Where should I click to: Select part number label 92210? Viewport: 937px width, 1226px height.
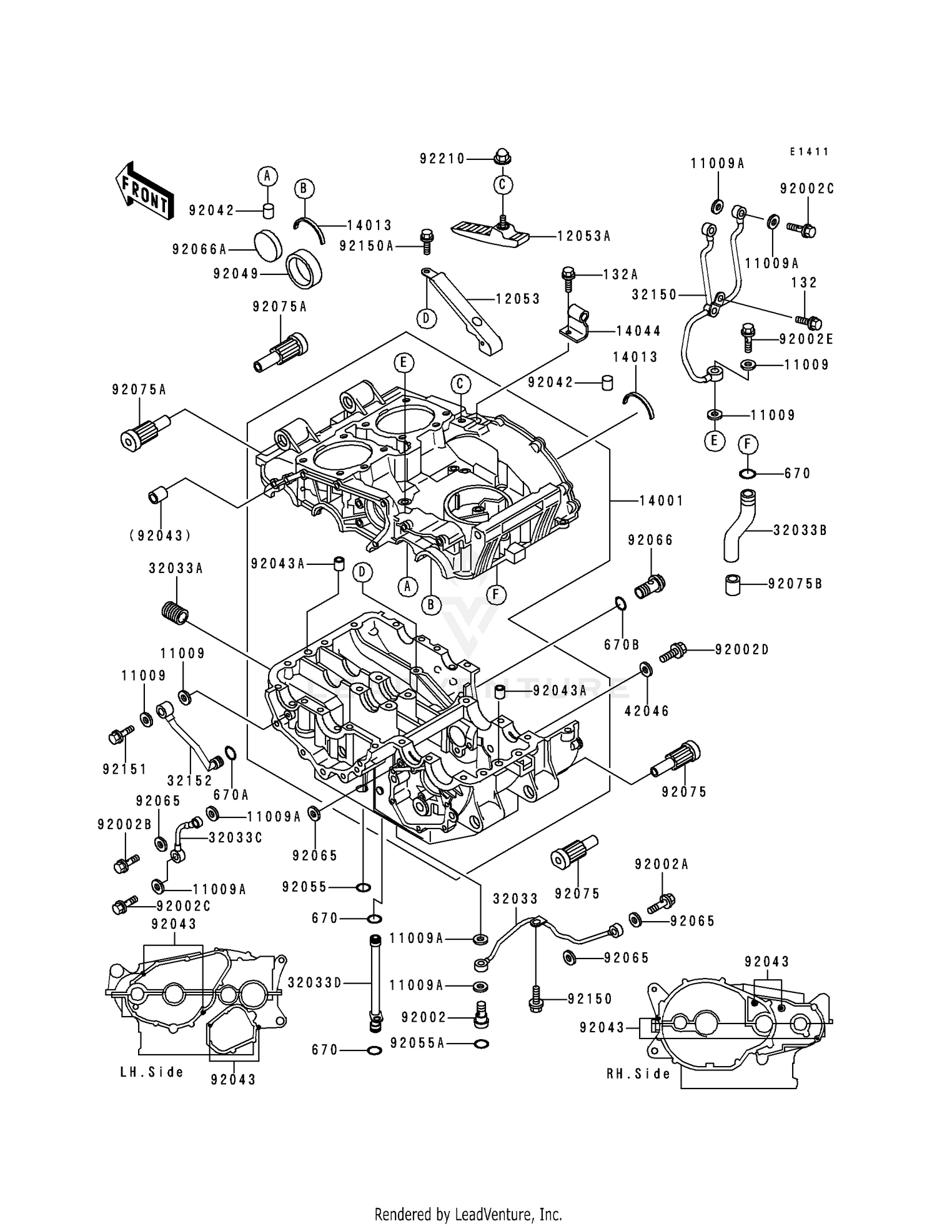click(442, 159)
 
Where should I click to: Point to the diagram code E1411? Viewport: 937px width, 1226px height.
click(808, 152)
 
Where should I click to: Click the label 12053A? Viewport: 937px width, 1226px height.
click(584, 236)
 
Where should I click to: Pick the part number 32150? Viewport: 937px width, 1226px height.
click(654, 294)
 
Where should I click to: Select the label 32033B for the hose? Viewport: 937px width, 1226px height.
click(800, 531)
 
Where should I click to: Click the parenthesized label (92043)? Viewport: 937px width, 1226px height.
click(161, 536)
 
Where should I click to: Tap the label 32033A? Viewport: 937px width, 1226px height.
click(176, 569)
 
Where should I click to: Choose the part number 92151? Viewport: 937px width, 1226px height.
click(125, 769)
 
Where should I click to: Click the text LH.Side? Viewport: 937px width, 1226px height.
click(152, 1072)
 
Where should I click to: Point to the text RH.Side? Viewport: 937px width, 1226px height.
click(638, 1074)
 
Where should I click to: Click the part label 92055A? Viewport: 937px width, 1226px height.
click(417, 1043)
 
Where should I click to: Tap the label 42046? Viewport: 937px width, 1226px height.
click(647, 710)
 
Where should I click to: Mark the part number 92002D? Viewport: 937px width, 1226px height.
click(741, 650)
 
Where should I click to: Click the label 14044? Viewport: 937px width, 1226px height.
click(638, 331)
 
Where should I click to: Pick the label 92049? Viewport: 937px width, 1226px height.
click(235, 274)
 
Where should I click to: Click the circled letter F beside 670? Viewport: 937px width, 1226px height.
click(748, 444)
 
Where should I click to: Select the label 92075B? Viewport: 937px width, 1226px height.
click(795, 584)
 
